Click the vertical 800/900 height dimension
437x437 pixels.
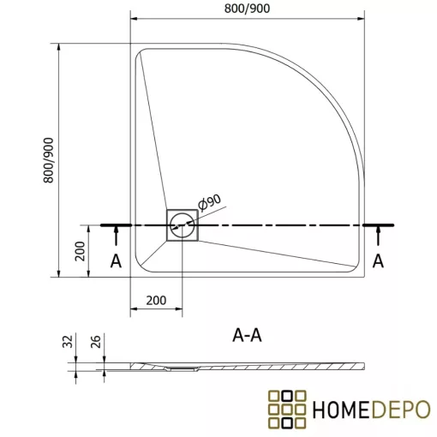(50, 159)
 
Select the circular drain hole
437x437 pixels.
(182, 225)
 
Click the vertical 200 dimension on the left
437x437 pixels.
(79, 251)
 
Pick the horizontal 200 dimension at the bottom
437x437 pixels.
(155, 301)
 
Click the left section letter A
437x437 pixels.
(116, 260)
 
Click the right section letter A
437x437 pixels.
(378, 260)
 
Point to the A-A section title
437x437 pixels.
(247, 336)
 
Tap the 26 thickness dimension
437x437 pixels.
(98, 344)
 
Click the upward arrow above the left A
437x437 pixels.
(116, 236)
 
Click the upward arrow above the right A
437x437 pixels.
(378, 236)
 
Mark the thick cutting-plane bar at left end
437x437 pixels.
(116, 225)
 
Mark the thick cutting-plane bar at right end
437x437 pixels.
(379, 225)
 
